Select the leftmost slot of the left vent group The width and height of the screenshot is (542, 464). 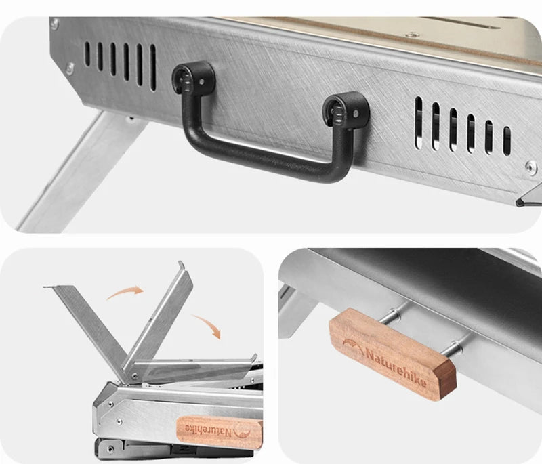[x=87, y=54]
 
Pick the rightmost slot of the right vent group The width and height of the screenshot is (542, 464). [x=506, y=140]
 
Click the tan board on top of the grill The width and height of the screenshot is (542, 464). [x=379, y=30]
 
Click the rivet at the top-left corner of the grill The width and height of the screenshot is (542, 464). [x=55, y=24]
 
